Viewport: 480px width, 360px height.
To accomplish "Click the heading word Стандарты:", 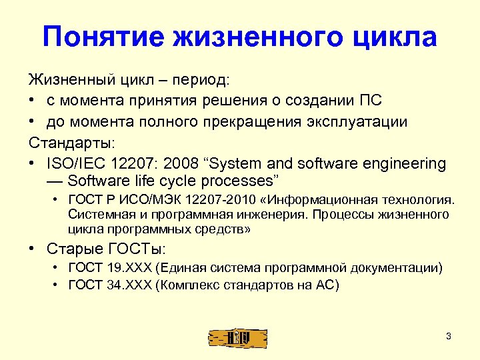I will click(71, 143).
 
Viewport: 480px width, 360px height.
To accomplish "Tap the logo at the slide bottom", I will click(238, 337).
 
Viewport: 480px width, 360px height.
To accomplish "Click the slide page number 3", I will click(449, 337).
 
